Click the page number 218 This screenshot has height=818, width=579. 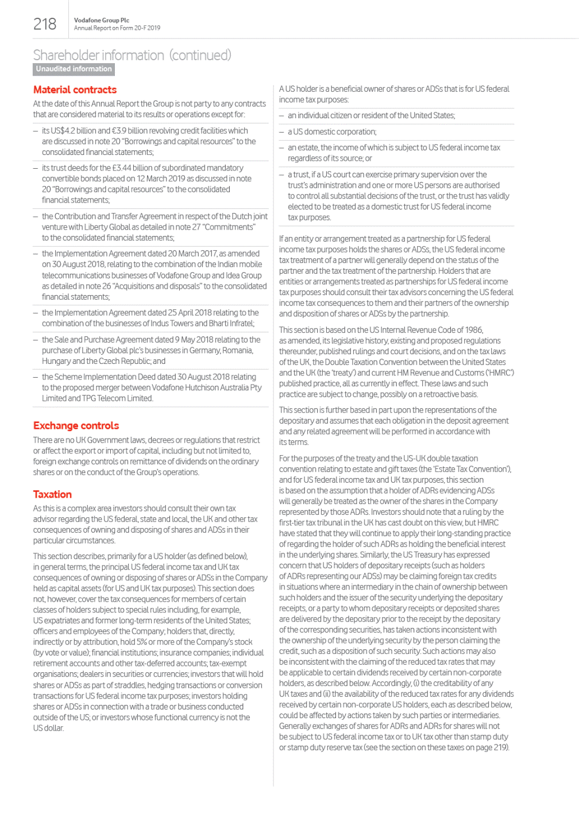pyautogui.click(x=45, y=24)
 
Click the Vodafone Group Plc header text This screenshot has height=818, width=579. pyautogui.click(x=102, y=20)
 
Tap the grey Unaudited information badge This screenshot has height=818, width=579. pyautogui.click(x=74, y=69)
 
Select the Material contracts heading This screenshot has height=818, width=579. pyautogui.click(x=75, y=90)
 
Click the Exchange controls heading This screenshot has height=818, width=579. pyautogui.click(x=76, y=425)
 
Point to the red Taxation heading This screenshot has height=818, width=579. pyautogui.click(x=52, y=494)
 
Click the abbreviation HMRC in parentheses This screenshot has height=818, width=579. pyautogui.click(x=499, y=373)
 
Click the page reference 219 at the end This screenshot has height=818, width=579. pyautogui.click(x=500, y=747)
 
